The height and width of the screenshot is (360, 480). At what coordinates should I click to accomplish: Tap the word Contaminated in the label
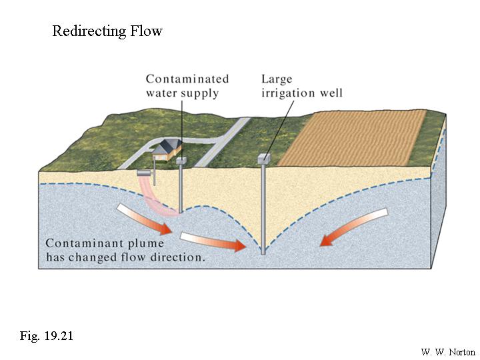tap(187, 79)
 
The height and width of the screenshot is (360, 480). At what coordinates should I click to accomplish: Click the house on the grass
tap(169, 149)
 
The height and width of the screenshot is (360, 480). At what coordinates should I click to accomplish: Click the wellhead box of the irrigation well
tap(263, 159)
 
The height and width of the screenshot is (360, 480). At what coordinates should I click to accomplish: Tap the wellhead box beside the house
tap(181, 161)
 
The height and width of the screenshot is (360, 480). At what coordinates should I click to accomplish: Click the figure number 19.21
tap(55, 335)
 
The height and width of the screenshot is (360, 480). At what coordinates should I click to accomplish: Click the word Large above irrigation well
tap(277, 79)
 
